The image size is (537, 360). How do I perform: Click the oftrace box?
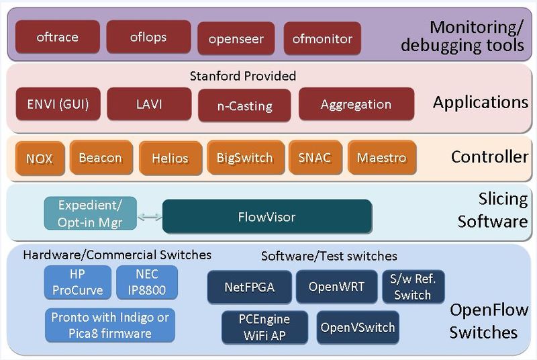coord(57,37)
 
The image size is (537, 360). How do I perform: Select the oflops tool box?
coord(148,37)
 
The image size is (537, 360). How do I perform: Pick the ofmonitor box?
coord(322,39)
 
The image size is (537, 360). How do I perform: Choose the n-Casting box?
coord(244,105)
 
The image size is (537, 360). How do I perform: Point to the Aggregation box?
coord(356,104)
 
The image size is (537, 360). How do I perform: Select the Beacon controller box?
coord(100,158)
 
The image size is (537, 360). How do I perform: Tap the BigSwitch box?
coord(244,158)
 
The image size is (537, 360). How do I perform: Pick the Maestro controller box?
coord(381,158)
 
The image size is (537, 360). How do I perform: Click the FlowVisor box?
coord(266,217)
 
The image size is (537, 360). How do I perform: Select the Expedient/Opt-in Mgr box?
coord(89,214)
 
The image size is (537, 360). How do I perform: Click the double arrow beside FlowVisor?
coord(150,217)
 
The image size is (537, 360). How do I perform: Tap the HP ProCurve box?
coord(78,282)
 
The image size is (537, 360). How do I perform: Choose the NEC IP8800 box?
coord(147,282)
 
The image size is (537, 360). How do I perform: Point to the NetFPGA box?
coord(250,287)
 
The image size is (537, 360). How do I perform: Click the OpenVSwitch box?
coord(358,328)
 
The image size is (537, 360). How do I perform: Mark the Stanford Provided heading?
coord(242,76)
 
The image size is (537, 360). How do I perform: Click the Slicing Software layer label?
coord(492,210)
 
